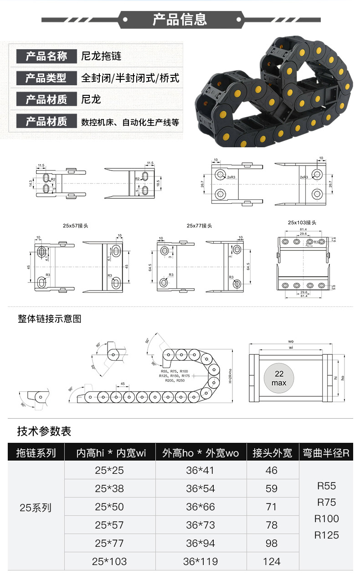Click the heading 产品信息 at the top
pos(180,20)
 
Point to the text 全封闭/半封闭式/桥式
pos(130,78)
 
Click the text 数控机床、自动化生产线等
pos(130,122)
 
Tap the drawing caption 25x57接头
pos(76,225)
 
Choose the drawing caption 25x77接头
pos(199,225)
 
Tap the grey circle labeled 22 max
pos(279,378)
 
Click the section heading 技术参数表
pos(44,431)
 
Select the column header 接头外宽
pos(272,453)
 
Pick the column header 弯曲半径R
pos(326,453)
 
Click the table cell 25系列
pos(36,508)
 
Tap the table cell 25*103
pos(109,561)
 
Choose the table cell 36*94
pos(200,543)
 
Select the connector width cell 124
pos(272,561)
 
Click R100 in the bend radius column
pos(327,519)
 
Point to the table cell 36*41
pos(200,470)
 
